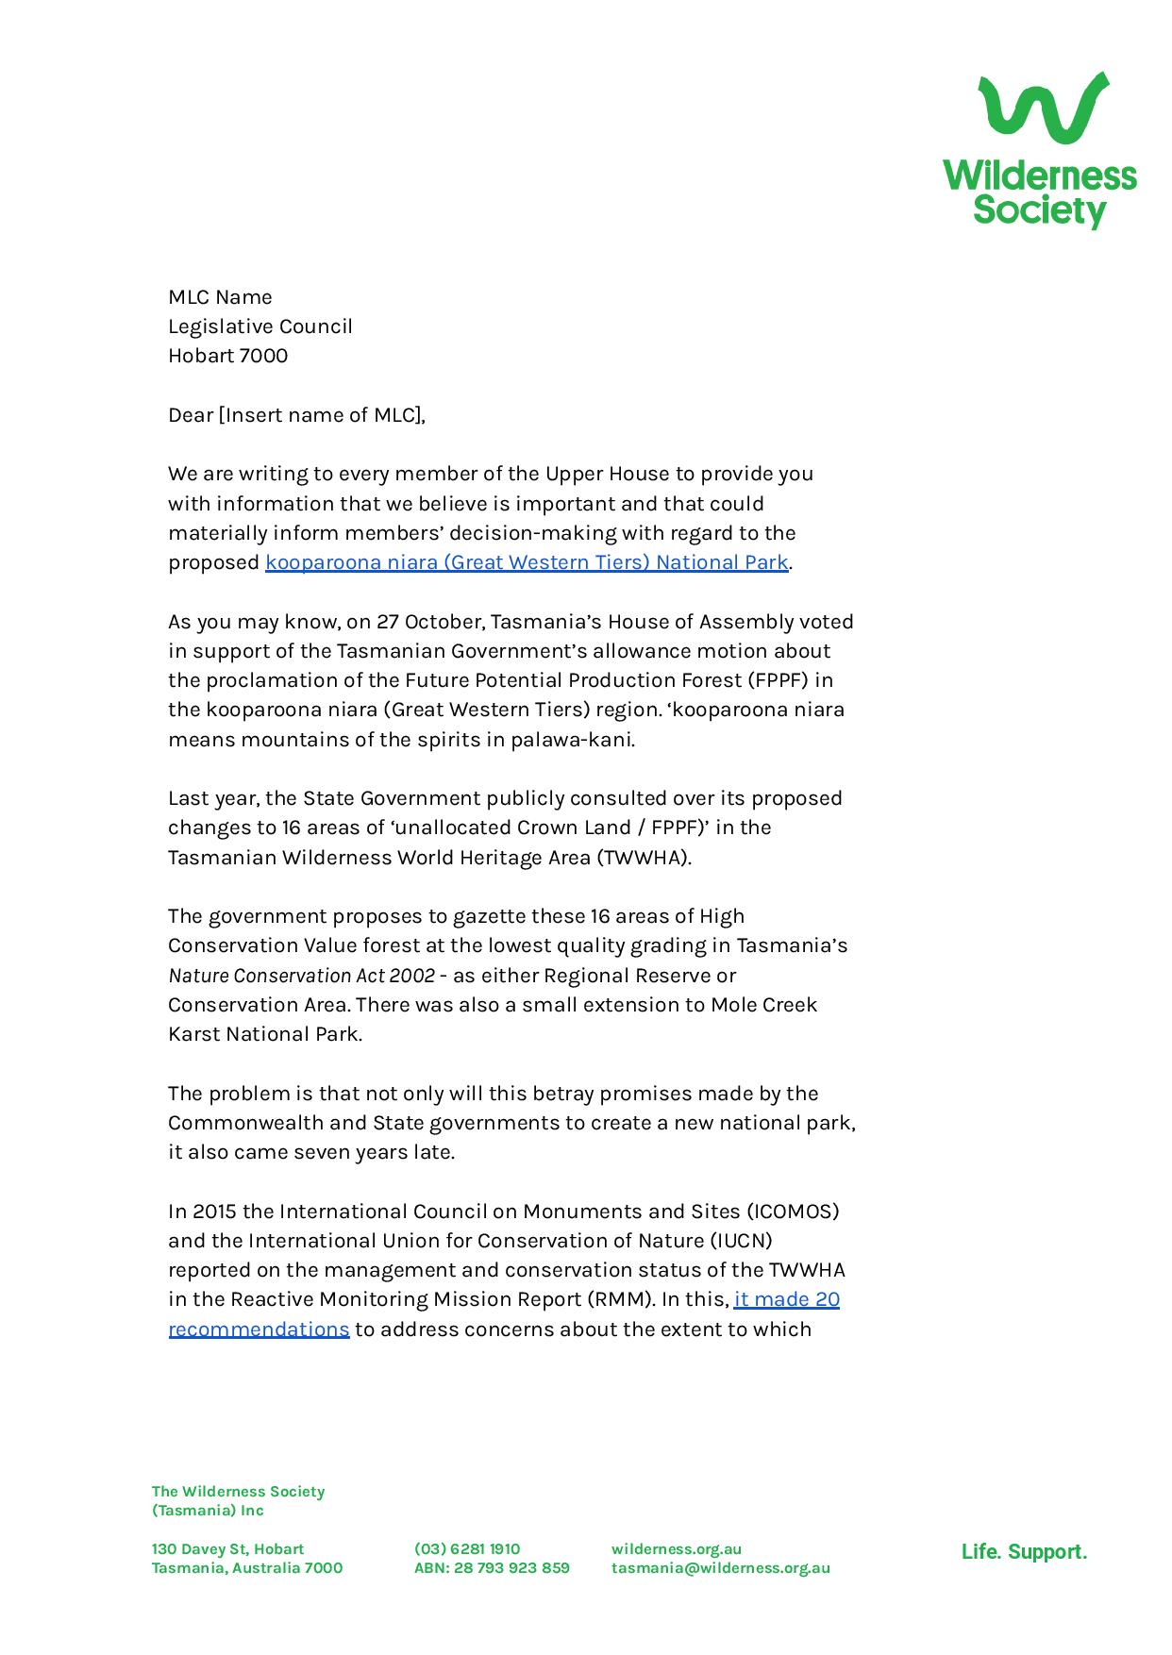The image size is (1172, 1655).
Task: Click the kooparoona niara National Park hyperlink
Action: point(526,562)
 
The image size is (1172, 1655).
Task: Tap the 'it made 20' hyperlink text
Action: point(786,1299)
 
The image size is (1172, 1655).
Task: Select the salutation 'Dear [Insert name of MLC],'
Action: point(296,415)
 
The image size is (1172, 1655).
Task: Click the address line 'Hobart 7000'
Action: point(227,356)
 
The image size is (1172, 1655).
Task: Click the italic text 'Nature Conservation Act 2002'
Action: point(301,976)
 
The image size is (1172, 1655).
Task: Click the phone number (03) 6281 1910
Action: point(466,1548)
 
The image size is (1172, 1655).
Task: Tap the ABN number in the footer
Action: point(492,1567)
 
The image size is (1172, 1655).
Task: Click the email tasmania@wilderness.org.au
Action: point(720,1567)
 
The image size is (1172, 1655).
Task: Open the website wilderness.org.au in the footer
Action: point(676,1548)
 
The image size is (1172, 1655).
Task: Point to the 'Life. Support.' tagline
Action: point(1024,1552)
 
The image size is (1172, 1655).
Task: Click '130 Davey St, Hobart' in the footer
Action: point(227,1548)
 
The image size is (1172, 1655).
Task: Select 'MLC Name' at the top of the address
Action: point(220,297)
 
